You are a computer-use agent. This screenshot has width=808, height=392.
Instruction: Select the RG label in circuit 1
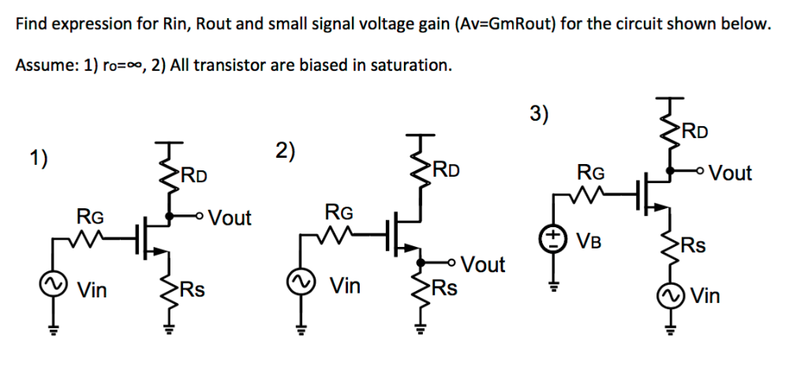pos(88,215)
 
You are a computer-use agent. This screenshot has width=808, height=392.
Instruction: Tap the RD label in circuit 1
pos(194,174)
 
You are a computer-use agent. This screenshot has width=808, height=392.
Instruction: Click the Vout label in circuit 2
pos(483,264)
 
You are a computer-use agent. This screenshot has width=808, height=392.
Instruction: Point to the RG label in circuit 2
pos(339,211)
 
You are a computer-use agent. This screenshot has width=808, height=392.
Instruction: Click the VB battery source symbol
pos(554,238)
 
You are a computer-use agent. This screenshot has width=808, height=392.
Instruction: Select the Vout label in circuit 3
pos(730,173)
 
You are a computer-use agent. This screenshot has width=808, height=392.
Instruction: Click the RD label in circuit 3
pos(694,131)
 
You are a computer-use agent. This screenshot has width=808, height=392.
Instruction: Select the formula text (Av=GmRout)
pos(506,24)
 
